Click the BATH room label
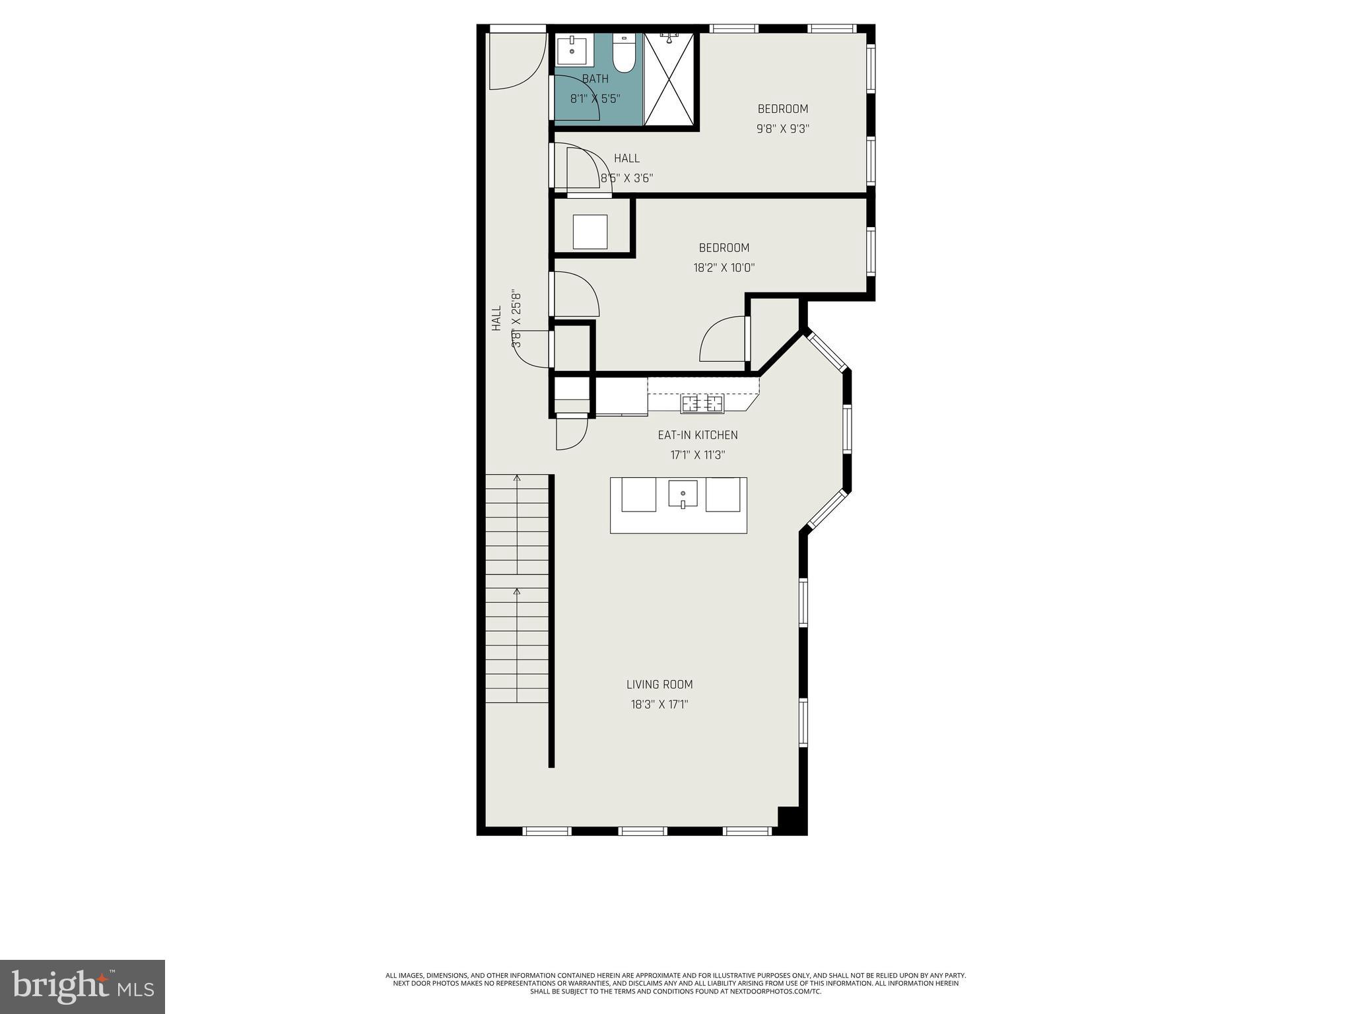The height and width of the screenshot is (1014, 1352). (595, 79)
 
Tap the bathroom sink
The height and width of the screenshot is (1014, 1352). (572, 50)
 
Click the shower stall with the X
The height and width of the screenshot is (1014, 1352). (669, 79)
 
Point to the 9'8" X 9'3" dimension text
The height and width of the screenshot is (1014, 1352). (782, 129)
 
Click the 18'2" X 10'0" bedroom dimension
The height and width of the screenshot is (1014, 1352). (724, 268)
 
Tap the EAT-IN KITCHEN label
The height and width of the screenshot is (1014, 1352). (698, 435)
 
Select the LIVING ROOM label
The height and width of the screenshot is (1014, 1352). (659, 685)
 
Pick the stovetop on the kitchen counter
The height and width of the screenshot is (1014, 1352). (702, 403)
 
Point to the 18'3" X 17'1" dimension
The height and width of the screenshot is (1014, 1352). (659, 704)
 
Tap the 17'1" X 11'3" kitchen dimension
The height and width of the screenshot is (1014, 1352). (698, 455)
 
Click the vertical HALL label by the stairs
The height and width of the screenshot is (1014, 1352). (496, 318)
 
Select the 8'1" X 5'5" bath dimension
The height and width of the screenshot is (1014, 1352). (595, 99)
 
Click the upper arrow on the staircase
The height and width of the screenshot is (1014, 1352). (517, 477)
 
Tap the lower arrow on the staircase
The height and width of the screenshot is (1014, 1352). (517, 591)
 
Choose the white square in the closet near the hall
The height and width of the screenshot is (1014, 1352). (590, 232)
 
